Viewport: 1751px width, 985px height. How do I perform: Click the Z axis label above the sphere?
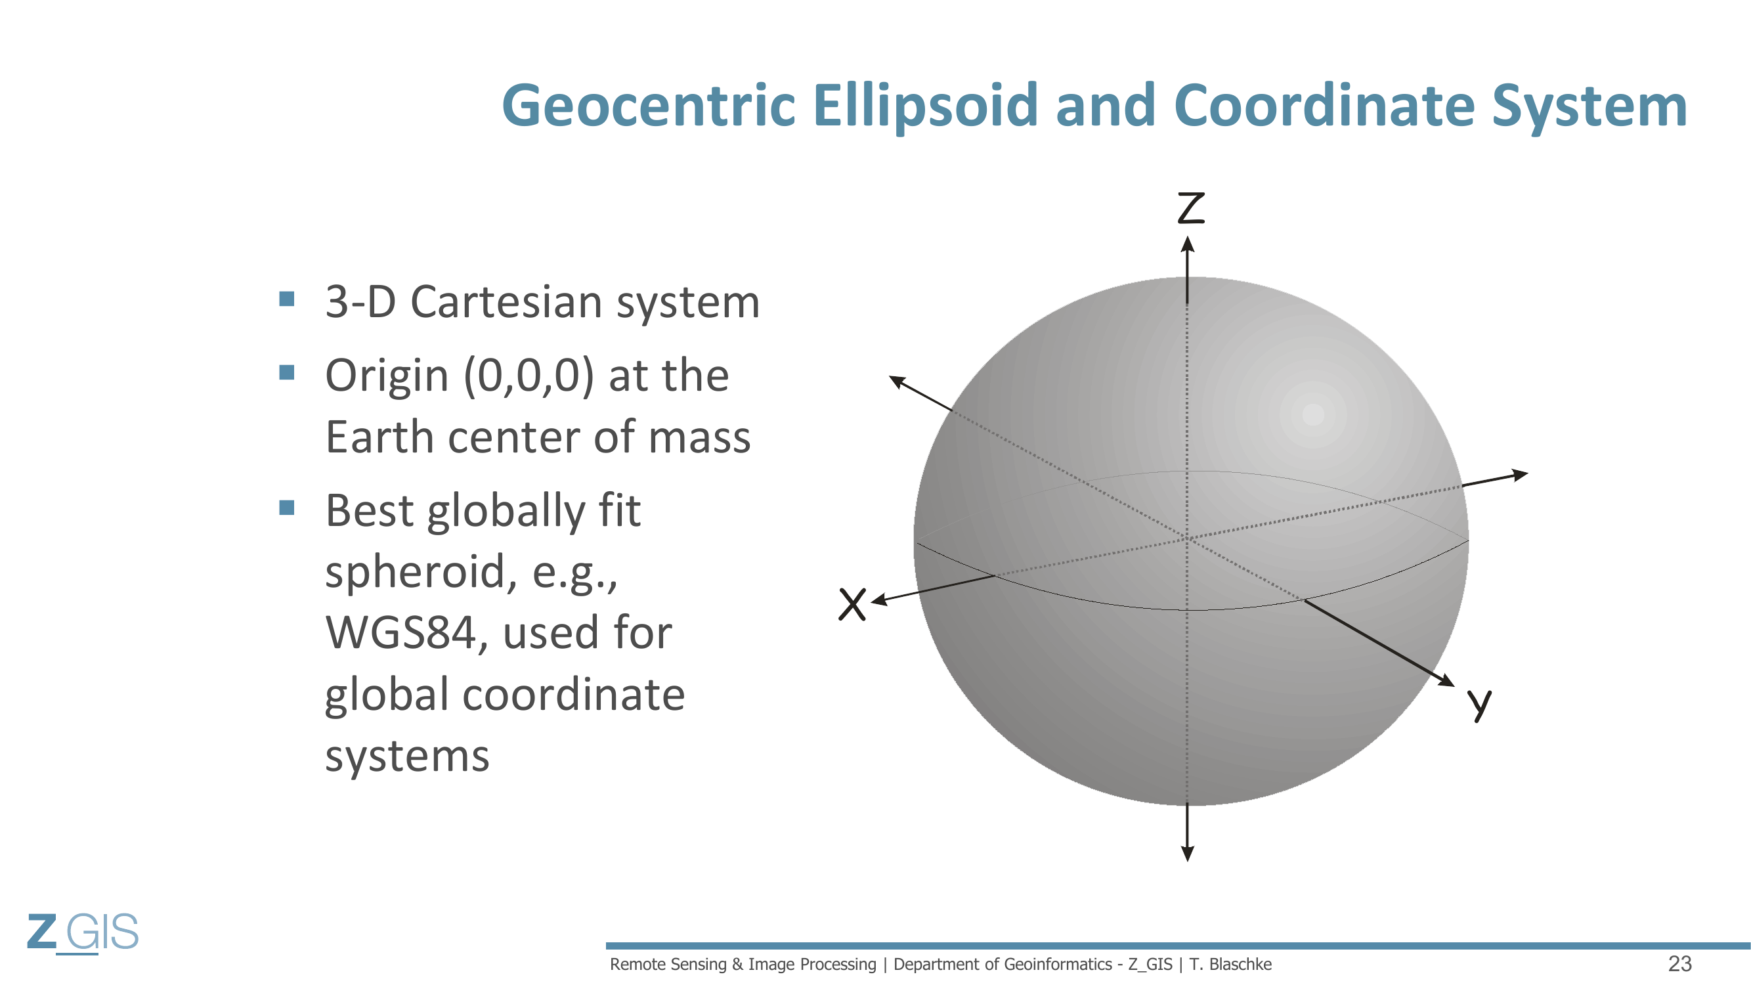[x=1191, y=208]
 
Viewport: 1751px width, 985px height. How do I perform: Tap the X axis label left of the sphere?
[x=852, y=603]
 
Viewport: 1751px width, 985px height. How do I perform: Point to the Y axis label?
[x=1479, y=705]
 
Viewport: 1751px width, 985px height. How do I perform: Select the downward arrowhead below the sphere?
[x=1188, y=853]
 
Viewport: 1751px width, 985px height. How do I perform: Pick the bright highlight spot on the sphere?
[x=1313, y=414]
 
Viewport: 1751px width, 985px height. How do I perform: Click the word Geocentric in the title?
[x=649, y=105]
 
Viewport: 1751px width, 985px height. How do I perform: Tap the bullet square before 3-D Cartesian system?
[x=287, y=299]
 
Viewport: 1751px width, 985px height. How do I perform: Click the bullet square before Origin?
[x=287, y=372]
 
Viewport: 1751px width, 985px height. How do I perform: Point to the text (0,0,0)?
[x=529, y=376]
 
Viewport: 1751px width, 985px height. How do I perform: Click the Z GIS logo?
[x=83, y=932]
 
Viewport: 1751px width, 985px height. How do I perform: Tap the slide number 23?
[x=1679, y=964]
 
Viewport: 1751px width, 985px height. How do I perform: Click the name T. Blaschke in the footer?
[x=1230, y=964]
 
